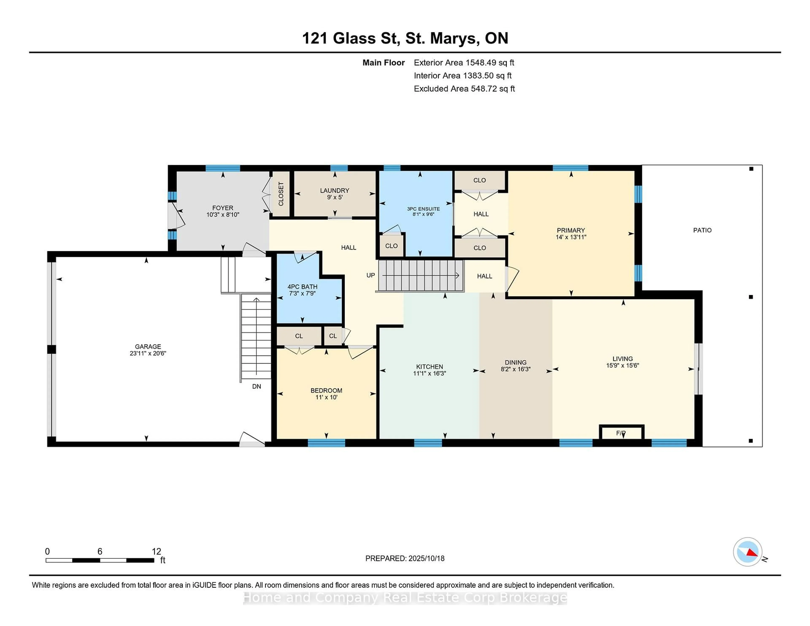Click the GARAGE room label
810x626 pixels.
148,347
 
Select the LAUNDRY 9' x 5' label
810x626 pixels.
335,194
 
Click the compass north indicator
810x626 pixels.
748,552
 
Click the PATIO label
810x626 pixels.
702,230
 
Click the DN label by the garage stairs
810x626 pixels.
256,386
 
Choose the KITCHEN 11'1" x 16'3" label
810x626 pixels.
429,370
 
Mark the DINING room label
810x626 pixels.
515,362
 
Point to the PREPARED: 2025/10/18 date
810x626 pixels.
405,559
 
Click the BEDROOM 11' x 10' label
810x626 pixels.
326,394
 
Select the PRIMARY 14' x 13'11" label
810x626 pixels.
570,234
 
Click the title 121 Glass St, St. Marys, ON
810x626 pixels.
405,38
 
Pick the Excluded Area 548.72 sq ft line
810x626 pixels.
464,89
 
